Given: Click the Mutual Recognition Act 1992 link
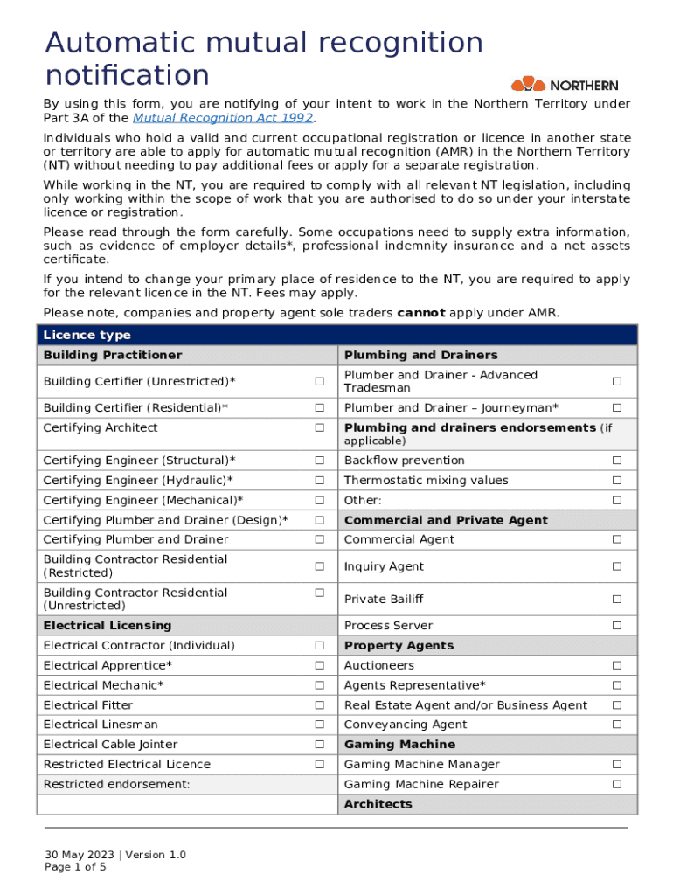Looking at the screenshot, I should coord(223,118).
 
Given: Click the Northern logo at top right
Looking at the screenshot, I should coord(565,85).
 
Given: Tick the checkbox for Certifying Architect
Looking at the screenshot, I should coord(320,428).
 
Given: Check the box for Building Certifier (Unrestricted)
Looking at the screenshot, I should coord(320,382).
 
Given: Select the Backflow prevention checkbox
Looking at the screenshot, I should coord(616,461).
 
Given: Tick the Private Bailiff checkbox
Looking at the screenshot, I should coord(616,600).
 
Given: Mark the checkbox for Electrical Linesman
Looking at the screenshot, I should coord(320,725).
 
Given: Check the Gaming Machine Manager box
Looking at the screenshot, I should coord(616,765).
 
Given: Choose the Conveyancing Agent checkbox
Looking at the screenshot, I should coord(616,725).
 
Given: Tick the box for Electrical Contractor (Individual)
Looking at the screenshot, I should coord(320,646).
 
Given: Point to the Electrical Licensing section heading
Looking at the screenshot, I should coord(108,626).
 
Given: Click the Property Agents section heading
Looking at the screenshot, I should coord(399,646).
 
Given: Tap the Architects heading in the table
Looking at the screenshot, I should coord(378,804).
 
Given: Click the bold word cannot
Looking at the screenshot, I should coord(421,313).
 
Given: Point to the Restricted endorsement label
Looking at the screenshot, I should coord(116,785).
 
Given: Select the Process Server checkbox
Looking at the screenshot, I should coord(616,626).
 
